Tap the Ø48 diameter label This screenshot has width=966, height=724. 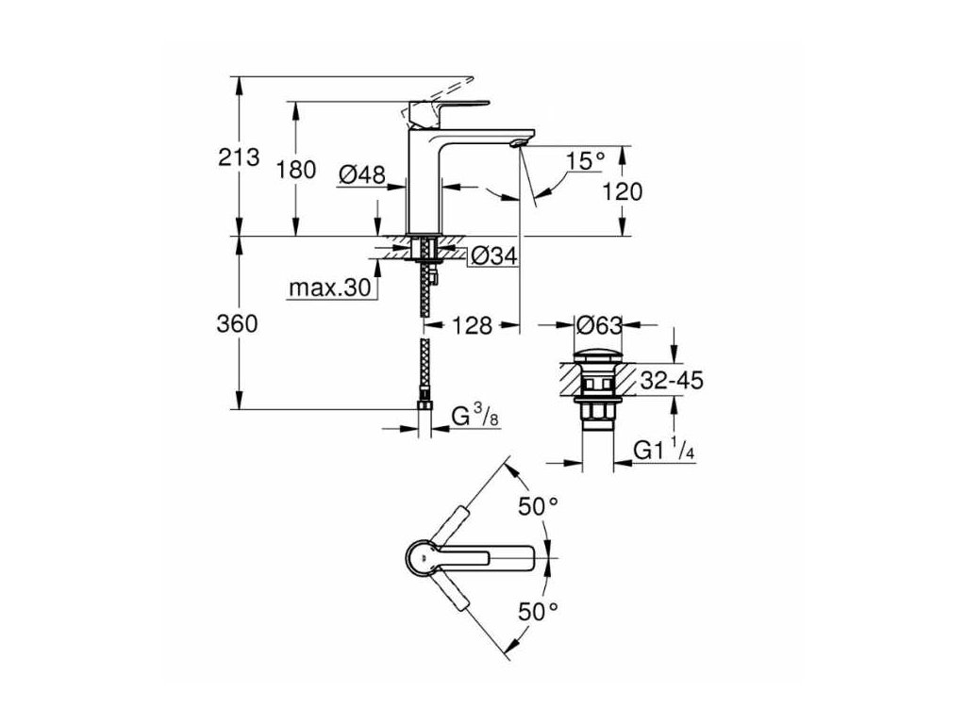[x=360, y=173]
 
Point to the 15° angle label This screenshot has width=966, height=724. [x=585, y=160]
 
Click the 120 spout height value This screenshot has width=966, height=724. [x=622, y=191]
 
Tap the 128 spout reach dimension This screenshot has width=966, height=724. [x=472, y=325]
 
